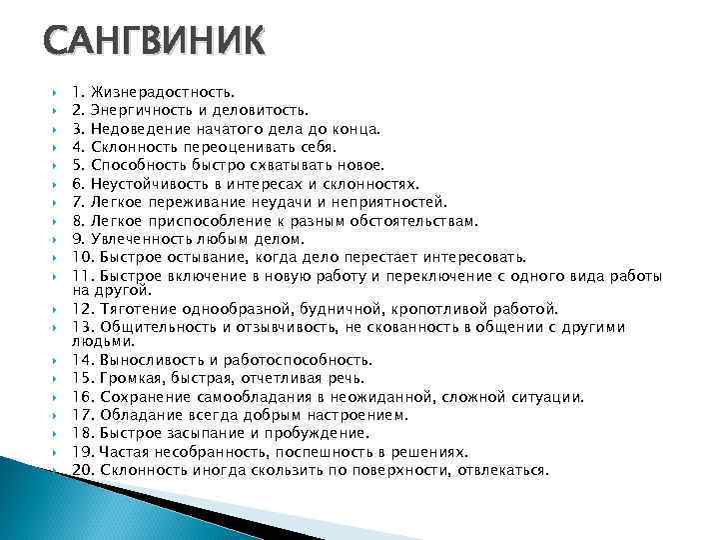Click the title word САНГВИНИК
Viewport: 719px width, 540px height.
pyautogui.click(x=155, y=45)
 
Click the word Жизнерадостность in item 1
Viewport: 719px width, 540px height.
pyautogui.click(x=164, y=93)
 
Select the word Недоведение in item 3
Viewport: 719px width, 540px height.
pyautogui.click(x=139, y=129)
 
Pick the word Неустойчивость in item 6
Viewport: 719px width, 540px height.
pyautogui.click(x=147, y=184)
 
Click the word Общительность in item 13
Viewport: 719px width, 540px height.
pyautogui.click(x=153, y=327)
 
